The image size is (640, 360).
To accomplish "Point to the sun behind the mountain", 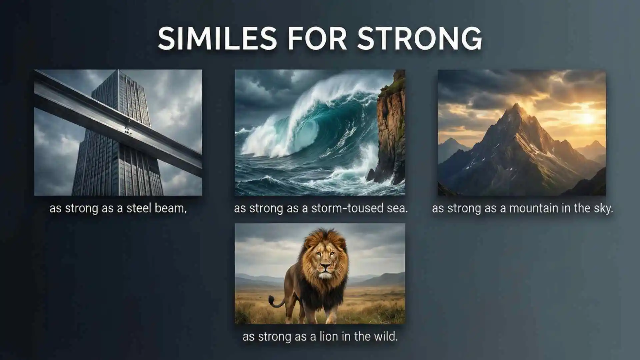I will (587, 118).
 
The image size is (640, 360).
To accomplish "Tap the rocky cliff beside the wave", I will (391, 133).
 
